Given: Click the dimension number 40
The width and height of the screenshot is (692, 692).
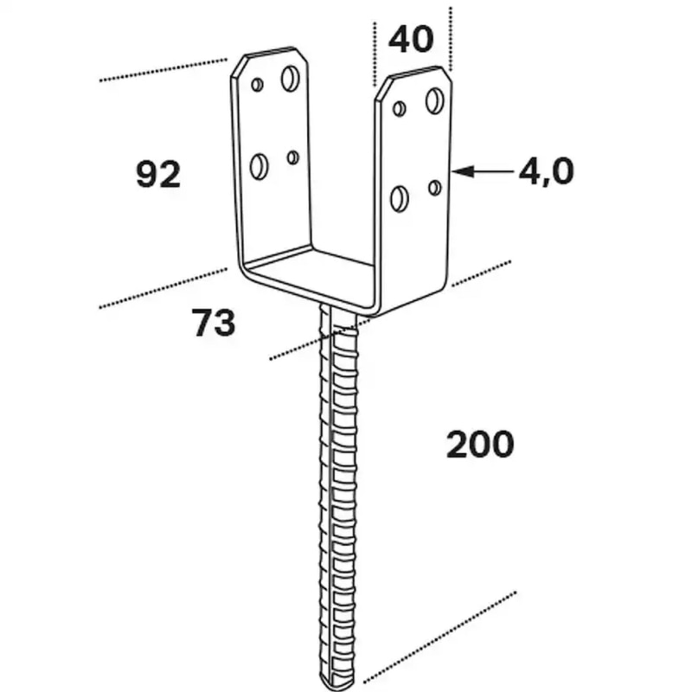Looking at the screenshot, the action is [x=411, y=39].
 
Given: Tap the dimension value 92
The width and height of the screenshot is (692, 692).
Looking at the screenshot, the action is [x=158, y=175].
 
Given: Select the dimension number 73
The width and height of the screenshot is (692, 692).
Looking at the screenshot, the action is [x=214, y=323].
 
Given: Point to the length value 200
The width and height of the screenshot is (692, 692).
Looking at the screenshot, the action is [x=480, y=444].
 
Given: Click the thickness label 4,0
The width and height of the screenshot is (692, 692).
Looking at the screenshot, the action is [x=547, y=171].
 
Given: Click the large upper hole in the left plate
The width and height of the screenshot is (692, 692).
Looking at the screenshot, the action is [x=290, y=79].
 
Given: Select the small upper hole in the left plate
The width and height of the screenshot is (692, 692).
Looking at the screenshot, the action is [x=257, y=84].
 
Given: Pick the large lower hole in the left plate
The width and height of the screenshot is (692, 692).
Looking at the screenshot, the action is [x=259, y=166].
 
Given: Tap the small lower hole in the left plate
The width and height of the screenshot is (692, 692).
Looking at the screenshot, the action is [x=292, y=157].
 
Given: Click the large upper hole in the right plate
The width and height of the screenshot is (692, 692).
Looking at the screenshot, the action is [x=435, y=100].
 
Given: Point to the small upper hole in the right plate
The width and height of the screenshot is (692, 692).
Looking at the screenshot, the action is [x=400, y=108].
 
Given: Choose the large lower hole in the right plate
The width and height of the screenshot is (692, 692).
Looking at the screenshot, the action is [x=400, y=199].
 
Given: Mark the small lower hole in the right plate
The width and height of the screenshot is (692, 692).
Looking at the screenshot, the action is [x=435, y=188].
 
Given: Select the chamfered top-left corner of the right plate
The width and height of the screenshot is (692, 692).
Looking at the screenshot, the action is [x=382, y=88].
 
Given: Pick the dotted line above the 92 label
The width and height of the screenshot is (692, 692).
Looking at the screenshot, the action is [x=163, y=69].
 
